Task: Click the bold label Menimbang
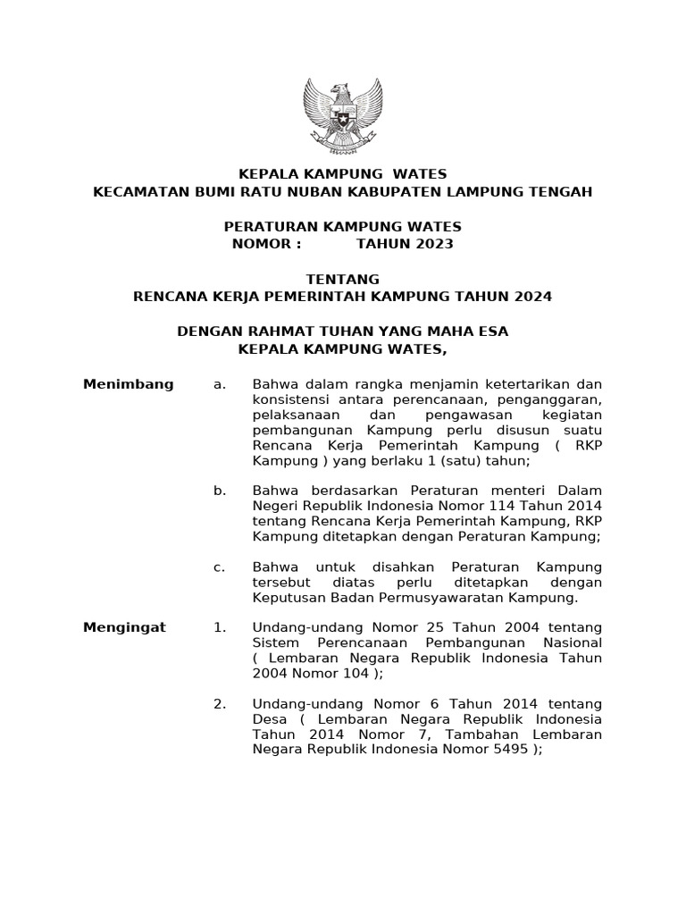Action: click(x=128, y=384)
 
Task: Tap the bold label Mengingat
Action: click(x=124, y=627)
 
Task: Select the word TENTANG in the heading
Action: click(x=343, y=279)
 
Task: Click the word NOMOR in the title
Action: click(x=261, y=244)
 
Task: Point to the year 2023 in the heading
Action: click(x=432, y=244)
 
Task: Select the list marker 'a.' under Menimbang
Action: click(x=219, y=384)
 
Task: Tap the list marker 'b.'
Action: click(x=220, y=491)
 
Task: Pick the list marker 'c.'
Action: click(x=219, y=567)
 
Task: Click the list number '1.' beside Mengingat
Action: click(x=219, y=627)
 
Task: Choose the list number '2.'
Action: click(x=219, y=704)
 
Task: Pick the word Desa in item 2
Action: click(x=269, y=719)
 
